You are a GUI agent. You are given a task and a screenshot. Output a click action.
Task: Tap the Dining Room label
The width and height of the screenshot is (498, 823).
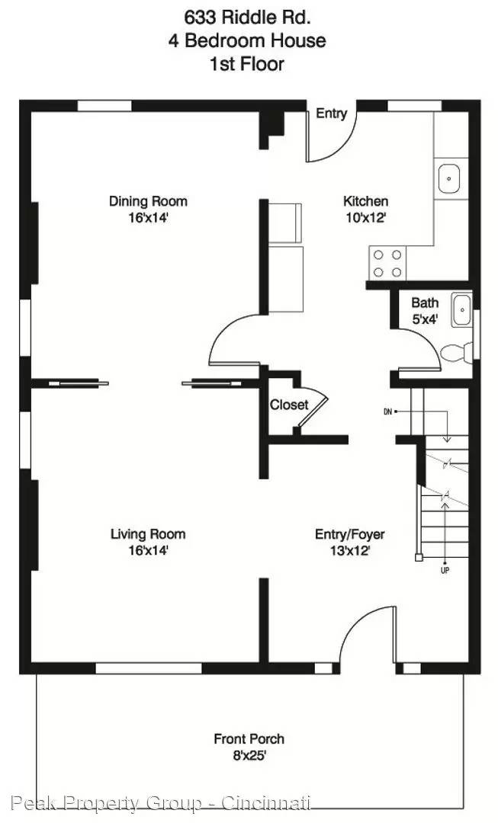click(148, 201)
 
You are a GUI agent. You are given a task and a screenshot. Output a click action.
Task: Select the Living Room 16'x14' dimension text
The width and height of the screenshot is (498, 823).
click(148, 549)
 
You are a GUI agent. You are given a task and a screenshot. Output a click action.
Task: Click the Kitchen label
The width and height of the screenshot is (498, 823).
click(365, 201)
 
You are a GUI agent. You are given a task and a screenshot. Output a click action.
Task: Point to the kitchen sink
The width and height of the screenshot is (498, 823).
click(450, 179)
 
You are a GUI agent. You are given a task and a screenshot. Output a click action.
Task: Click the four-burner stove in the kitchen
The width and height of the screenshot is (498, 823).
click(387, 264)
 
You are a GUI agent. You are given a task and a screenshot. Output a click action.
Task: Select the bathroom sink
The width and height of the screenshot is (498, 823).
click(461, 309)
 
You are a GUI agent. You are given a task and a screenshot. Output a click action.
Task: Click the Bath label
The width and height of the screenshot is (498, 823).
click(425, 303)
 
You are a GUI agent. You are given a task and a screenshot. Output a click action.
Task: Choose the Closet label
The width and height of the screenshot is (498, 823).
click(289, 405)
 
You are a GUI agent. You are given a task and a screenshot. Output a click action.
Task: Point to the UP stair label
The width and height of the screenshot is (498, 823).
click(444, 569)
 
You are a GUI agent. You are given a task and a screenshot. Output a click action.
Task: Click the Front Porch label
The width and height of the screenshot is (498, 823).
click(249, 738)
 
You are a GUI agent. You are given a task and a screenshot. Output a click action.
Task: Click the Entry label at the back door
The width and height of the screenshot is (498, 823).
click(332, 114)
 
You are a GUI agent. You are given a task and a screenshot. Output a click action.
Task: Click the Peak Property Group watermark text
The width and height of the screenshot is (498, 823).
click(161, 802)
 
